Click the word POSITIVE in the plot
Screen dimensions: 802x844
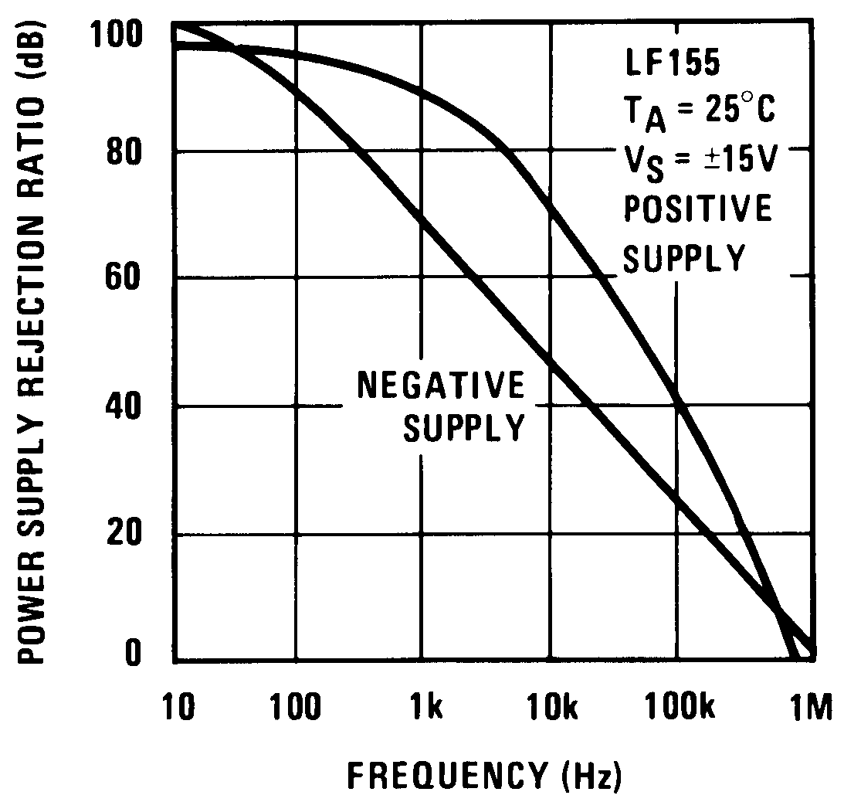pos(697,210)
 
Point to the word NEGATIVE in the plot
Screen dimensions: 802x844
pos(440,386)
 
